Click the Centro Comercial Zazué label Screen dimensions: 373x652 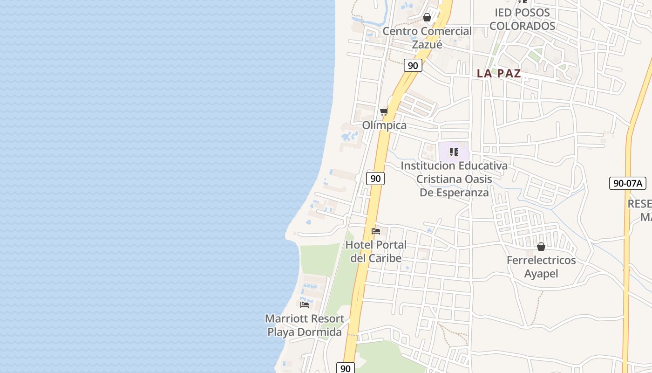point(427,38)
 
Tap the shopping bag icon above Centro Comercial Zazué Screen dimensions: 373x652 point(427,18)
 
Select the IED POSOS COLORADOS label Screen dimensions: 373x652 point(522,19)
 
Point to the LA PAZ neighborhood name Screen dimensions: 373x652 point(499,73)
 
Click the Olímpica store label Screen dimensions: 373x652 point(384,125)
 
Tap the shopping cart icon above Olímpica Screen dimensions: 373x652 point(384,111)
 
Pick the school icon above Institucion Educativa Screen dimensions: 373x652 point(454,152)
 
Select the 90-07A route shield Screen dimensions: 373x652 point(627,183)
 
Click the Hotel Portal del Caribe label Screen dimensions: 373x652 point(376,251)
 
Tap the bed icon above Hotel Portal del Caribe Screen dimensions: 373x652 point(376,231)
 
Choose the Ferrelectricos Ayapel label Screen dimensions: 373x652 point(541,267)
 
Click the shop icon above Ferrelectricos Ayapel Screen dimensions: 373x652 point(541,247)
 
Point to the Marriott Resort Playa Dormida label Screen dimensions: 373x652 point(305,325)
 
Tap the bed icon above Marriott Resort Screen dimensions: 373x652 point(305,305)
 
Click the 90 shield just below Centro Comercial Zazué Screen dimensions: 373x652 point(413,66)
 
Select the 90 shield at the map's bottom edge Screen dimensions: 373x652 point(345,368)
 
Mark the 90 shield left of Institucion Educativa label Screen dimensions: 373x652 point(375,178)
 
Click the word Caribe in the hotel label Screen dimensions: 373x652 point(385,258)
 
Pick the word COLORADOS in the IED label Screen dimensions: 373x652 point(522,26)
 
